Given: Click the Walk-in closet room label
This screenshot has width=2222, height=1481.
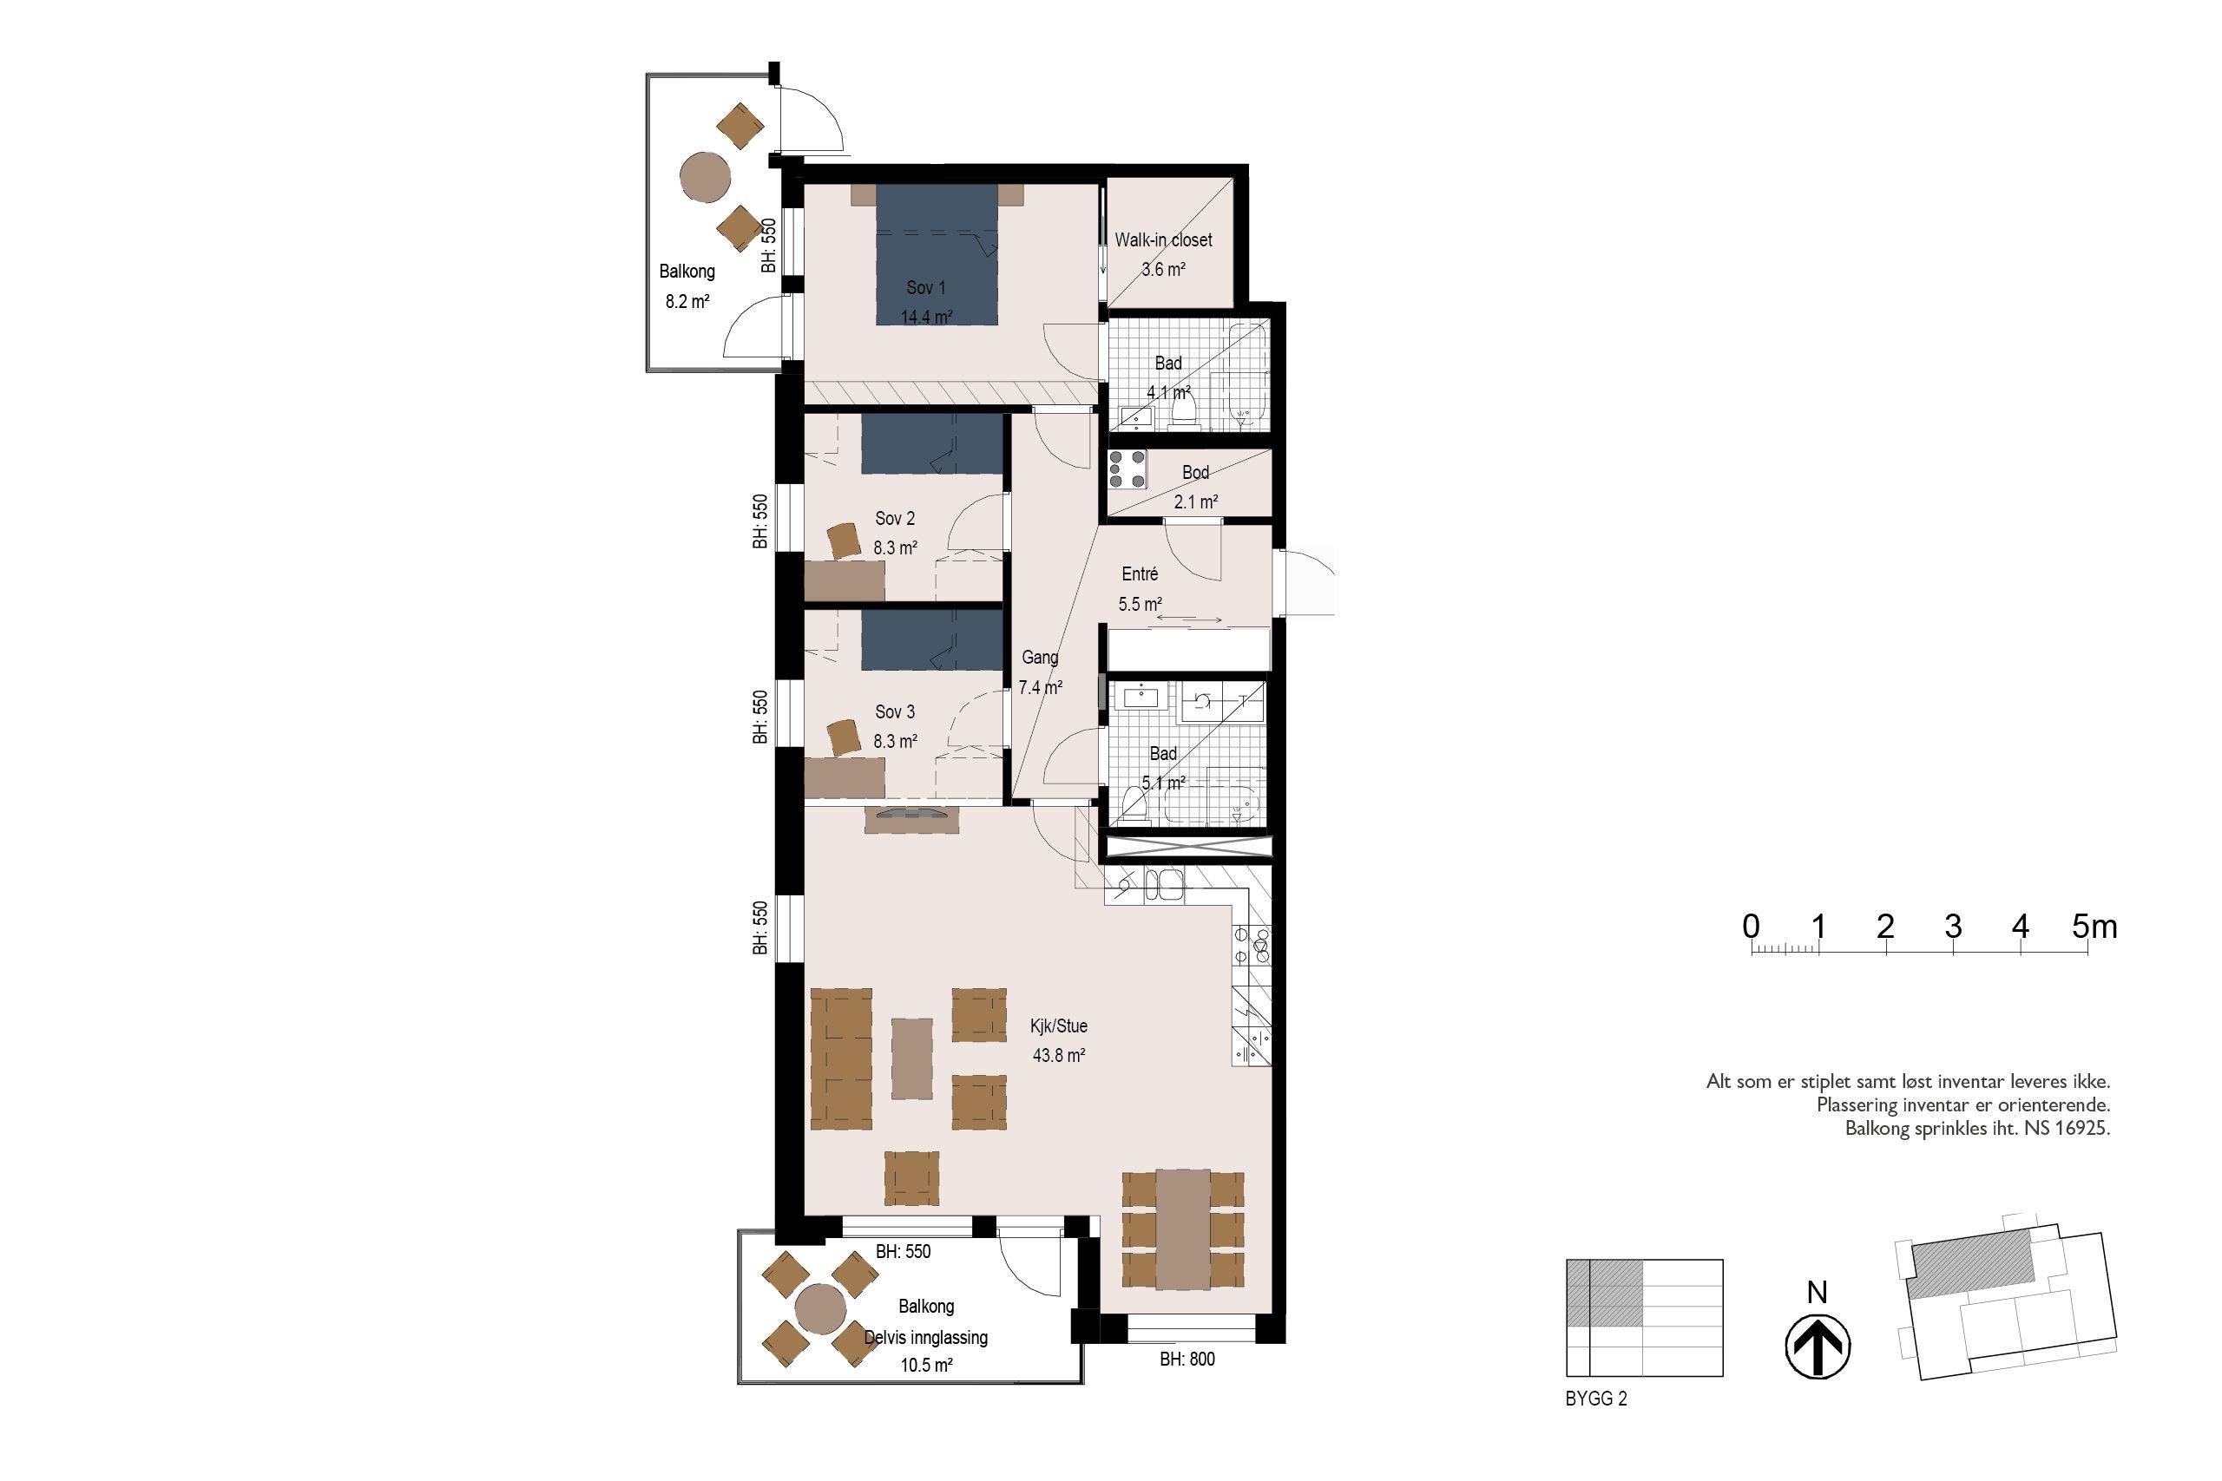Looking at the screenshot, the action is point(1163,240).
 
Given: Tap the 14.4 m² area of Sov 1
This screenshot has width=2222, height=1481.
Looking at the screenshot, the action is point(926,318).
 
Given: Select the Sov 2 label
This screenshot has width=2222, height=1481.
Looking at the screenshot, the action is point(895,519).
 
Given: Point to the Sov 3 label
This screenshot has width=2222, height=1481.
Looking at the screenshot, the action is point(895,712).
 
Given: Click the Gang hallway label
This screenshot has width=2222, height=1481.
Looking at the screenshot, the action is point(1040,659).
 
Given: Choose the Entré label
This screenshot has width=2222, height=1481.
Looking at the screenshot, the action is point(1140,574).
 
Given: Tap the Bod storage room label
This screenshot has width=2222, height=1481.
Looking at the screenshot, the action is point(1195,472).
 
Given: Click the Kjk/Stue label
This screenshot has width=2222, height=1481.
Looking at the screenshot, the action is point(1059,1026).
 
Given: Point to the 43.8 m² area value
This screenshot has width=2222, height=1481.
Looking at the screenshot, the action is point(1059,1056).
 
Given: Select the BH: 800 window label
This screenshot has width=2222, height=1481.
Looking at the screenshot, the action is point(1187,1360).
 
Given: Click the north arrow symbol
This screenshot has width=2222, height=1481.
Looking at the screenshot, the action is point(1817,1346).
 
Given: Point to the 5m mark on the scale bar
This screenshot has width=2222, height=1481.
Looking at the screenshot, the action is point(2094,927).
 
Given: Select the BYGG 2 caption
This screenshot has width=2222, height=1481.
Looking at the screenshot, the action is point(1596,1399).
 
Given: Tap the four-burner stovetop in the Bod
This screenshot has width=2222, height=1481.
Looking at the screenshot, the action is point(1128,469).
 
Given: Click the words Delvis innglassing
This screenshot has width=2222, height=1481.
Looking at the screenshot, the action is point(926,1338).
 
